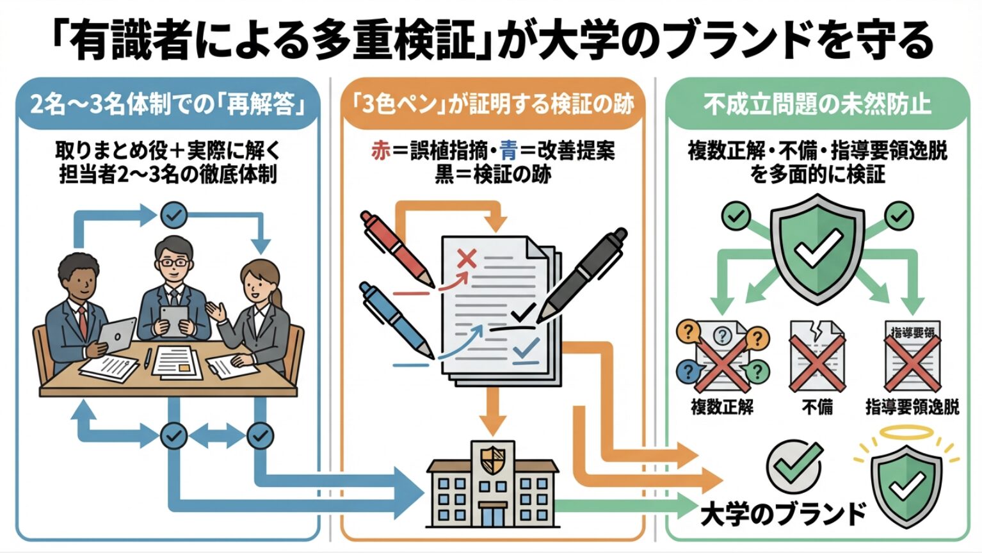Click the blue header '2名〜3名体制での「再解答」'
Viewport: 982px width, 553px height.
168,104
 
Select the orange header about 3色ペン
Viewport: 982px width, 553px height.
493,104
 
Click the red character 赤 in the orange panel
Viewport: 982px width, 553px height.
380,150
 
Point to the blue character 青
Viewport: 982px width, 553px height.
508,150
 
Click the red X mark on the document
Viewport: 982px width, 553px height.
467,259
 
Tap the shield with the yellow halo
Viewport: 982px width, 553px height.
906,484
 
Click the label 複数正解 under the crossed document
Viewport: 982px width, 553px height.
722,407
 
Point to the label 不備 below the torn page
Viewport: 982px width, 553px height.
817,407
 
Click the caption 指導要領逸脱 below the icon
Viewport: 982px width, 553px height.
912,407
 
